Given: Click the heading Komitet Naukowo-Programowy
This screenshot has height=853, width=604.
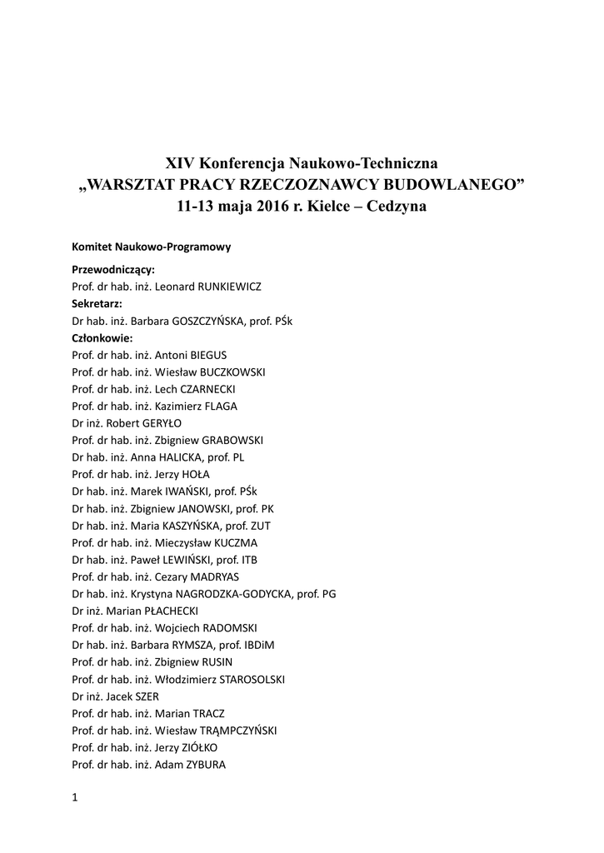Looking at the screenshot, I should click(151, 247).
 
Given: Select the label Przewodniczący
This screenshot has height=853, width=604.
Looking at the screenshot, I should click(113, 270).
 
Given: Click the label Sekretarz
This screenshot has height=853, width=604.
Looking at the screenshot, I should click(97, 303).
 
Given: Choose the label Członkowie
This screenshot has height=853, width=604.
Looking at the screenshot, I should click(102, 338).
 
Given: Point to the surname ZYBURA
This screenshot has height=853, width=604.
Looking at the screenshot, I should click(203, 765).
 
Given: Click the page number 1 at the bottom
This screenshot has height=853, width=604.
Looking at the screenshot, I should click(75, 797).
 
